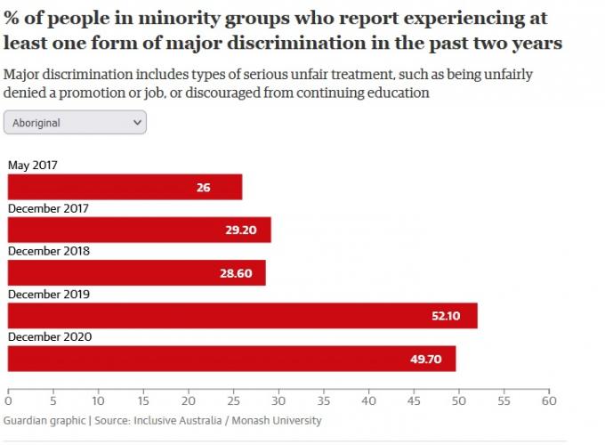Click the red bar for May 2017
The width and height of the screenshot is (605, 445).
pyautogui.click(x=125, y=187)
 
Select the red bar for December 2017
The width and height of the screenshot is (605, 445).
pyautogui.click(x=139, y=230)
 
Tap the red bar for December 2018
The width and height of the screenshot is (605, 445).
pyautogui.click(x=136, y=273)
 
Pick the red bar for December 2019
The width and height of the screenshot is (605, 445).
pyautogui.click(x=242, y=316)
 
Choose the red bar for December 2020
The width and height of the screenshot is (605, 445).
pyautogui.click(x=231, y=359)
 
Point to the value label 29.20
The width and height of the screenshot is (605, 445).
pyautogui.click(x=240, y=231)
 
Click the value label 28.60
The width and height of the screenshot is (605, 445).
pyautogui.click(x=238, y=273)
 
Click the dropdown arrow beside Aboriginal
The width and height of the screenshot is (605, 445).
pyautogui.click(x=136, y=122)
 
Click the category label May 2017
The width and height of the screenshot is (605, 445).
pyautogui.click(x=33, y=165)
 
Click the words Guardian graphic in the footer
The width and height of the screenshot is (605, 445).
pyautogui.click(x=42, y=420)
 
